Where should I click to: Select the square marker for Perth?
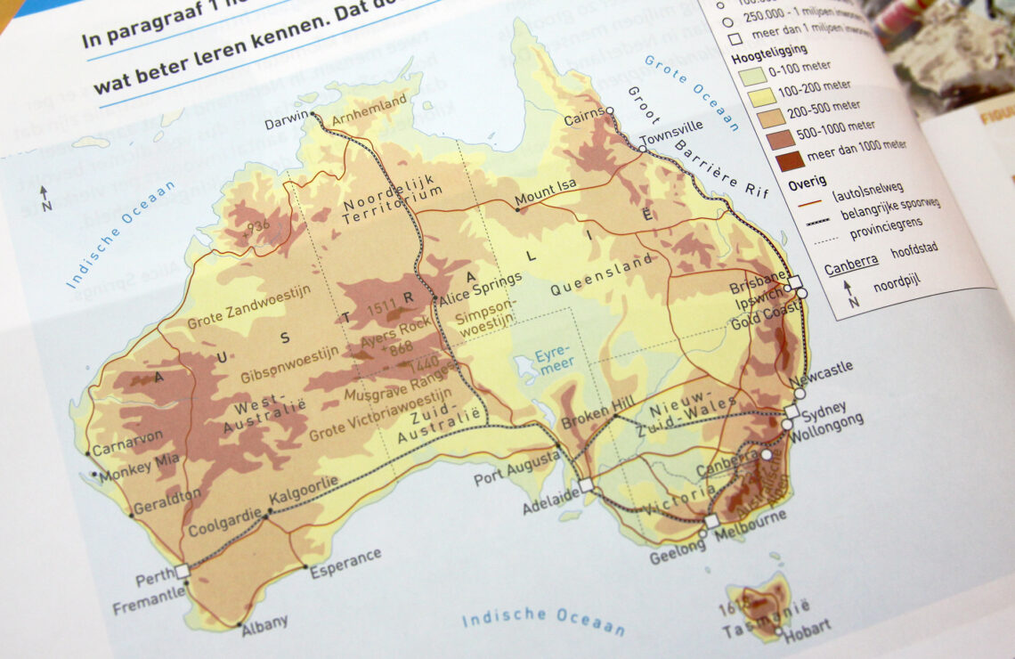[x=182, y=571]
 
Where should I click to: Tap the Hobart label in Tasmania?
[x=807, y=627]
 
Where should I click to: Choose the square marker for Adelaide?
[x=585, y=485]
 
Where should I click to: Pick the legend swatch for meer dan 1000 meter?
[x=788, y=162]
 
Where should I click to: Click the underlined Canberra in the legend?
[x=851, y=261]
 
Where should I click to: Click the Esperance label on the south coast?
[x=345, y=563]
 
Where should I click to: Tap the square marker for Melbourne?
[x=710, y=521]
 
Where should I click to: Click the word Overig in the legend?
[x=807, y=184]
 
